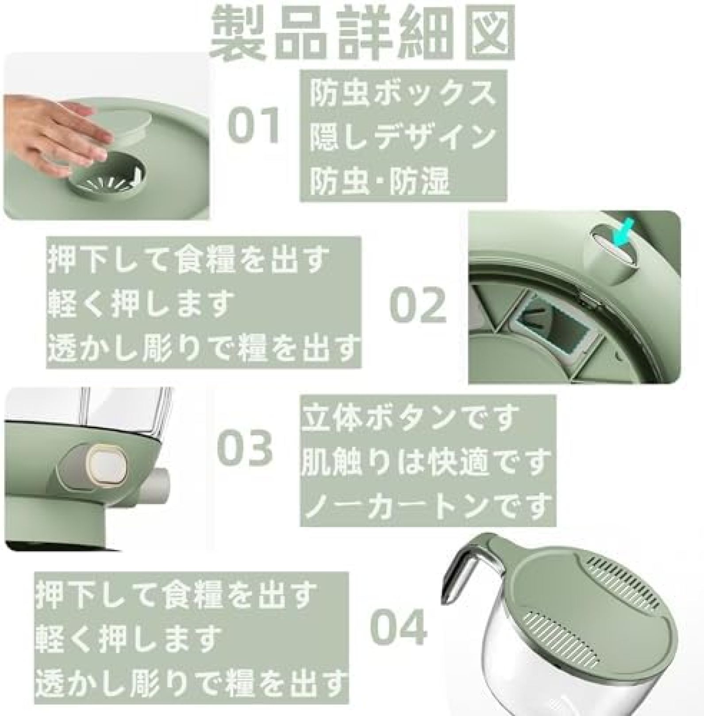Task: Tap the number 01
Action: pos(254,125)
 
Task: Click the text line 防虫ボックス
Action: pos(402,94)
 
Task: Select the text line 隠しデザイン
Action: pos(402,137)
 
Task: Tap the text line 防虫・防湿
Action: pos(379,180)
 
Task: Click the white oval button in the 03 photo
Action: pos(107,467)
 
